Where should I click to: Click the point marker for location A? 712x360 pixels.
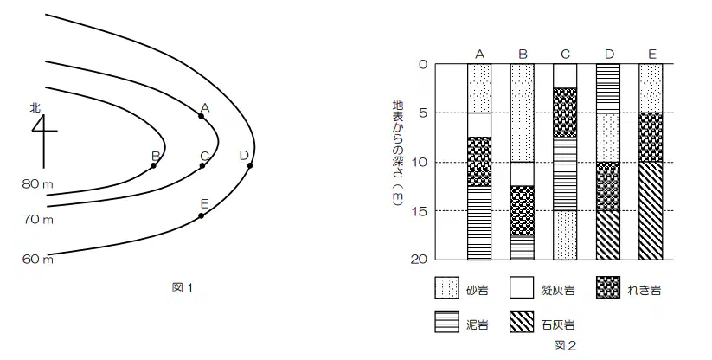click(202, 116)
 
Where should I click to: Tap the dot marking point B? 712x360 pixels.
click(153, 165)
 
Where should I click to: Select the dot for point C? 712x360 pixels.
click(202, 165)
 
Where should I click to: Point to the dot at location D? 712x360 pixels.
click(250, 165)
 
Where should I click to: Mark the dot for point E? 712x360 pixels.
click(202, 215)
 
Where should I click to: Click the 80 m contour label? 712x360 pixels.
click(38, 183)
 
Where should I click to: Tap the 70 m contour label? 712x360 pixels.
click(38, 220)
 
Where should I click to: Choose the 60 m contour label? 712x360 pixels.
click(38, 260)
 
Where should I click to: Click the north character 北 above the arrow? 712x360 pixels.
click(35, 107)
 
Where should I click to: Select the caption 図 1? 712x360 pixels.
click(183, 287)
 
